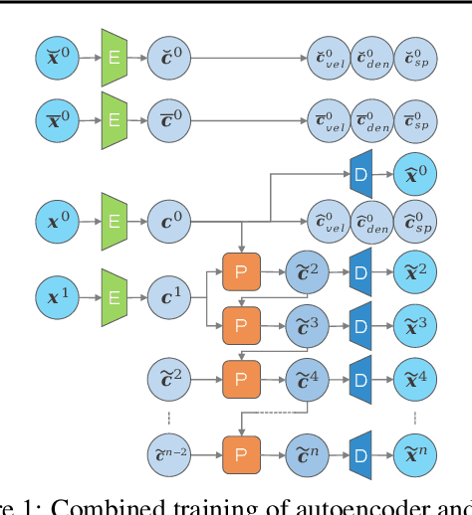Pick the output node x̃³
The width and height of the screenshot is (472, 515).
pyautogui.click(x=415, y=325)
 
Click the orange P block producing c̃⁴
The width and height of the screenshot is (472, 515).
pyautogui.click(x=239, y=379)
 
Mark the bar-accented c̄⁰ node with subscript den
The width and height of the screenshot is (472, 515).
pyautogui.click(x=371, y=116)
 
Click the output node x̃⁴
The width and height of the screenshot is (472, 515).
pyautogui.click(x=415, y=379)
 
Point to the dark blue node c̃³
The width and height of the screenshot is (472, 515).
pyautogui.click(x=305, y=325)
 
